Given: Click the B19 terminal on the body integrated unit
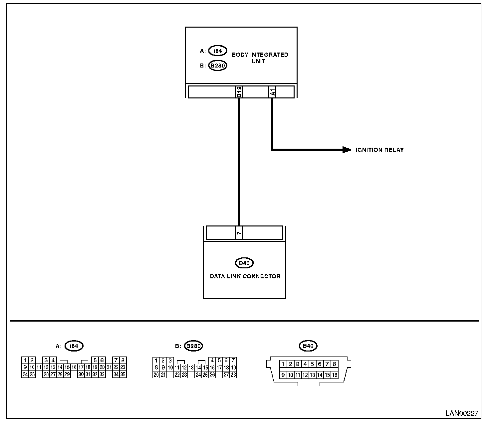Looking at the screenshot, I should pos(239,92).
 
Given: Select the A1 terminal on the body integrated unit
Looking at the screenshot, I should pos(272,92).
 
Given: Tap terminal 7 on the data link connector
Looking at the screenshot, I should pos(239,233).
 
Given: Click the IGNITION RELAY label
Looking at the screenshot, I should pos(379,150).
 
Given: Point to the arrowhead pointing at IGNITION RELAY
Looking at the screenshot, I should pos(347,150).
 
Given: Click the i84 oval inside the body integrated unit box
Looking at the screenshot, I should pos(218,51).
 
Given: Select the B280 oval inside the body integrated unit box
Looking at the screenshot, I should pos(218,66).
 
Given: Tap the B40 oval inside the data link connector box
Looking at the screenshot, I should pos(244,263).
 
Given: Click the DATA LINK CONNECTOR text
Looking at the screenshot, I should pos(245,276).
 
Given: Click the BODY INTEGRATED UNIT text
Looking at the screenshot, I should pos(260,58).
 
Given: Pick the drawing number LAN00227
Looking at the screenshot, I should pos(462,413).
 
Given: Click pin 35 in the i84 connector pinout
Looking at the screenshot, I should pos(123,374).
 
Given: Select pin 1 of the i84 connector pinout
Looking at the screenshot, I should pos(25,360).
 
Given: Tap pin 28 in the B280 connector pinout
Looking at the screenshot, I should pos(233,375).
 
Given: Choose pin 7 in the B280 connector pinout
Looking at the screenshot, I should pos(233,360).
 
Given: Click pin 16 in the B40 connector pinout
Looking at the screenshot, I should pos(335,375).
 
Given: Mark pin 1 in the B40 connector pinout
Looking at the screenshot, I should pos(283,364).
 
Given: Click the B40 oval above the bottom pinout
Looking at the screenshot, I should pos(308,346).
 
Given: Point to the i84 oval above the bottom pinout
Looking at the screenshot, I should pos(74,346).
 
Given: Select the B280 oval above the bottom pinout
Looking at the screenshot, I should pos(193,346).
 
